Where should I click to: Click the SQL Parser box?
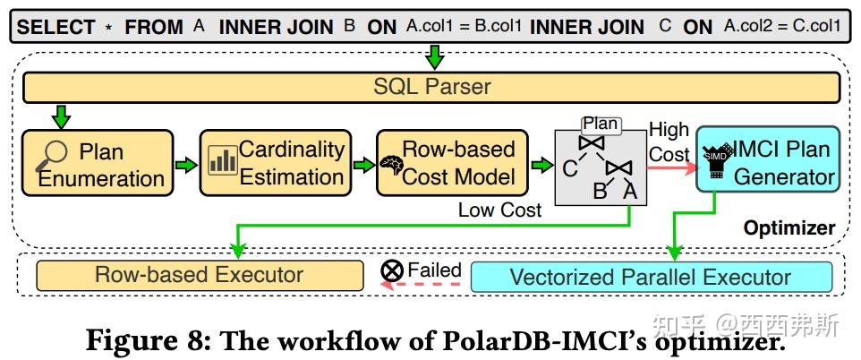point(431,87)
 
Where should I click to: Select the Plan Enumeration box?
point(96,164)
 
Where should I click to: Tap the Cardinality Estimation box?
point(275,162)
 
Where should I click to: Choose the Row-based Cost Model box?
point(451,162)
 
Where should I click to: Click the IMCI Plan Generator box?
point(767,162)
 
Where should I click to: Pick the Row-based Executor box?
point(199,275)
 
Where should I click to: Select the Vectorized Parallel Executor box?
point(651,276)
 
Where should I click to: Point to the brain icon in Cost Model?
point(390,165)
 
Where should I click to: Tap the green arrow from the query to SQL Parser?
point(433,56)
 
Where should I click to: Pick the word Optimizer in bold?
point(789,227)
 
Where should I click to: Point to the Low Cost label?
point(499,210)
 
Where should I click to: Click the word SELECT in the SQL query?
point(55,26)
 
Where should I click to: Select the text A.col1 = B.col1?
point(463,26)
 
